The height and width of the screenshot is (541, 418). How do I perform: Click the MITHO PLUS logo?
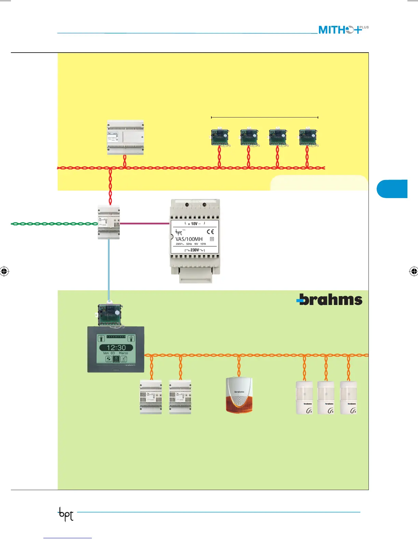click(x=343, y=30)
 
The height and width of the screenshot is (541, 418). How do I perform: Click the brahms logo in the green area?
click(x=329, y=300)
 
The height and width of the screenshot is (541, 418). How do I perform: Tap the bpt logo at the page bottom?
click(x=66, y=514)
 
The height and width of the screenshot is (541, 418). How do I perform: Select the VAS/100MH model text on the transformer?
click(x=189, y=239)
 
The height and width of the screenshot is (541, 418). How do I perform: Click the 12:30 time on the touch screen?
click(x=116, y=347)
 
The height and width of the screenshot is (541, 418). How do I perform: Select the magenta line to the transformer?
click(x=145, y=224)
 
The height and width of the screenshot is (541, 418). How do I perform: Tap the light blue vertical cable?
click(x=109, y=266)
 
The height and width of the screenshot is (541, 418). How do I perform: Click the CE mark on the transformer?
click(x=210, y=232)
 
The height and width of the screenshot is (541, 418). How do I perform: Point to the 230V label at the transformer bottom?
click(x=195, y=250)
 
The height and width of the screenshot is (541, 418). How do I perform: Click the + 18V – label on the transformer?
click(x=194, y=224)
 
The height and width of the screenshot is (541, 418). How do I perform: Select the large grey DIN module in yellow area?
click(x=125, y=137)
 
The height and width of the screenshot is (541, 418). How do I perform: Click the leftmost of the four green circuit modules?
click(x=220, y=137)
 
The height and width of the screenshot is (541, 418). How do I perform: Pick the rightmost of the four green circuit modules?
click(x=308, y=137)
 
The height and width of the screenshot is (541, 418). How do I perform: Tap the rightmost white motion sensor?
click(x=349, y=398)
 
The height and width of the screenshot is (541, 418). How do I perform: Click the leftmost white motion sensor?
click(x=304, y=398)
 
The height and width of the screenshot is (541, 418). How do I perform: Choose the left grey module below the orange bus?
click(x=151, y=398)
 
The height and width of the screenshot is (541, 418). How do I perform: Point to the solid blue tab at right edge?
click(x=392, y=189)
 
